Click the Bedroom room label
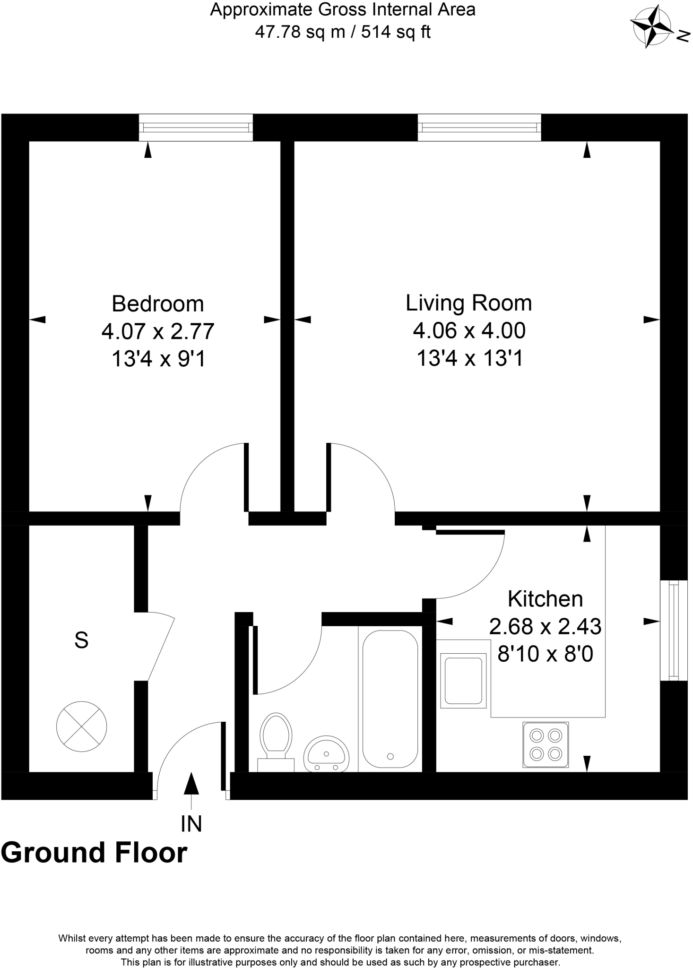click(157, 304)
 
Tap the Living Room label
click(468, 303)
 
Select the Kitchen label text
click(545, 599)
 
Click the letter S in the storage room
click(81, 640)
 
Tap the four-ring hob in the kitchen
click(546, 744)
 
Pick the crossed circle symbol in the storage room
click(81, 726)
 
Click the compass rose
click(652, 26)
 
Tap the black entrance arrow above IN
click(191, 783)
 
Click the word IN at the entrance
click(191, 824)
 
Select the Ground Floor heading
click(94, 853)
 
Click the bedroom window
click(196, 127)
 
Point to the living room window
click(479, 127)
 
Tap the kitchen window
click(674, 630)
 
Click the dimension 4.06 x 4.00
click(469, 330)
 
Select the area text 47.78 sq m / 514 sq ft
click(343, 32)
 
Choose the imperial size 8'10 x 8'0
click(545, 655)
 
